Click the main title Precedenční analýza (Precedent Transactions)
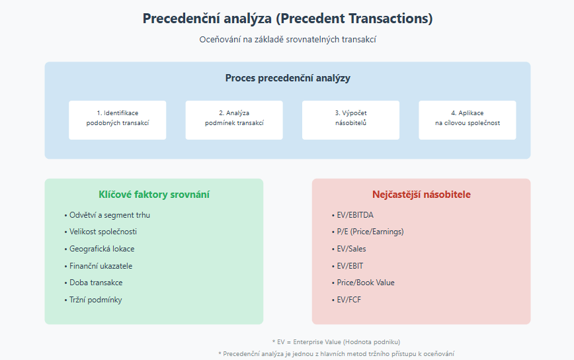coord(288,19)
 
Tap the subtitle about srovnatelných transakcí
coord(288,40)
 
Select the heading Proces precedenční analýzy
coord(288,78)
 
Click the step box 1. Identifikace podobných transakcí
coord(118,120)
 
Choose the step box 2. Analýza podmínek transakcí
coord(234,120)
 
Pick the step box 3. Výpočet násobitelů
coord(350,120)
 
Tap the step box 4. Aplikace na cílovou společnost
coord(468,120)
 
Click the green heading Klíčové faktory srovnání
coord(153,195)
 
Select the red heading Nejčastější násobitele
coord(421,195)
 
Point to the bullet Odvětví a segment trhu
coord(107,215)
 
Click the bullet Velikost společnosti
coord(101,232)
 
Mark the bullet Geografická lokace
coord(100,249)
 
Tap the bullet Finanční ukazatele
coord(99,266)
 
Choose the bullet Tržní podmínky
coord(93,300)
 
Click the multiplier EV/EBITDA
coord(352,215)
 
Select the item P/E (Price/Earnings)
coord(368,232)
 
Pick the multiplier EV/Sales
coord(349,249)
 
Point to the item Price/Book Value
coord(363,283)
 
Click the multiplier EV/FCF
coord(347,300)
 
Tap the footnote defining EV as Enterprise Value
coord(336,342)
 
